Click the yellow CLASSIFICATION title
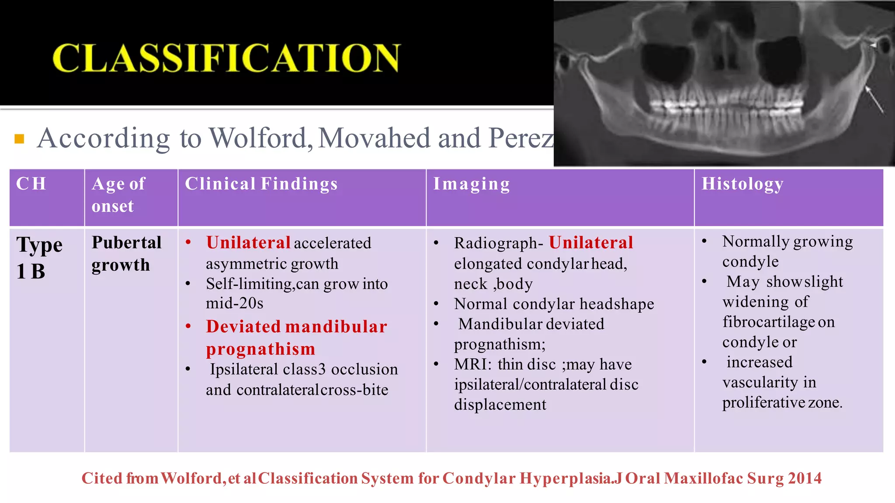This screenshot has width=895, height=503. click(226, 58)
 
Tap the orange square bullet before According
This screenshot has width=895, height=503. click(19, 139)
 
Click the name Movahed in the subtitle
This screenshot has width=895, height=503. click(375, 138)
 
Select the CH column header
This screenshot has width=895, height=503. click(31, 184)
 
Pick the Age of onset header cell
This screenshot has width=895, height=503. click(118, 195)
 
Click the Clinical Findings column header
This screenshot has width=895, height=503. click(261, 184)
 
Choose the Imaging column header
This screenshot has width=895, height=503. click(471, 184)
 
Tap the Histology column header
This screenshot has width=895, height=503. click(742, 184)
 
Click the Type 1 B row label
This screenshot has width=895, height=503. click(39, 258)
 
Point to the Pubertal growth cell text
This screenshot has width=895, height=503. click(126, 254)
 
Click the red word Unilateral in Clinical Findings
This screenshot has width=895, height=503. click(248, 243)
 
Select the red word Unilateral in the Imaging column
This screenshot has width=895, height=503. click(591, 243)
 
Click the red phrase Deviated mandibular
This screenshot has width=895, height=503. click(296, 327)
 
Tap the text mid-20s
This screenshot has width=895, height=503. click(235, 303)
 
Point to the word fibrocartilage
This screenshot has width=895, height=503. click(768, 322)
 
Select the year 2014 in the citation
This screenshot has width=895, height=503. click(805, 478)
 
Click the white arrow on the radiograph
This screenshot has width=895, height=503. click(875, 100)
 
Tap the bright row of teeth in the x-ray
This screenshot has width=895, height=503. click(725, 105)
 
